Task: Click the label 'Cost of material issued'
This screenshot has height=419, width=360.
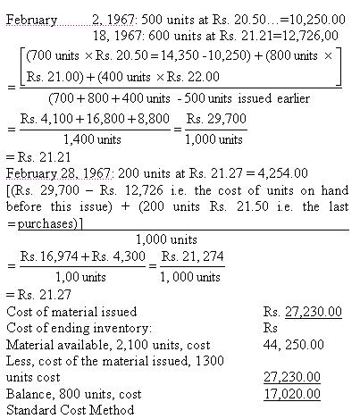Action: coord(71,312)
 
